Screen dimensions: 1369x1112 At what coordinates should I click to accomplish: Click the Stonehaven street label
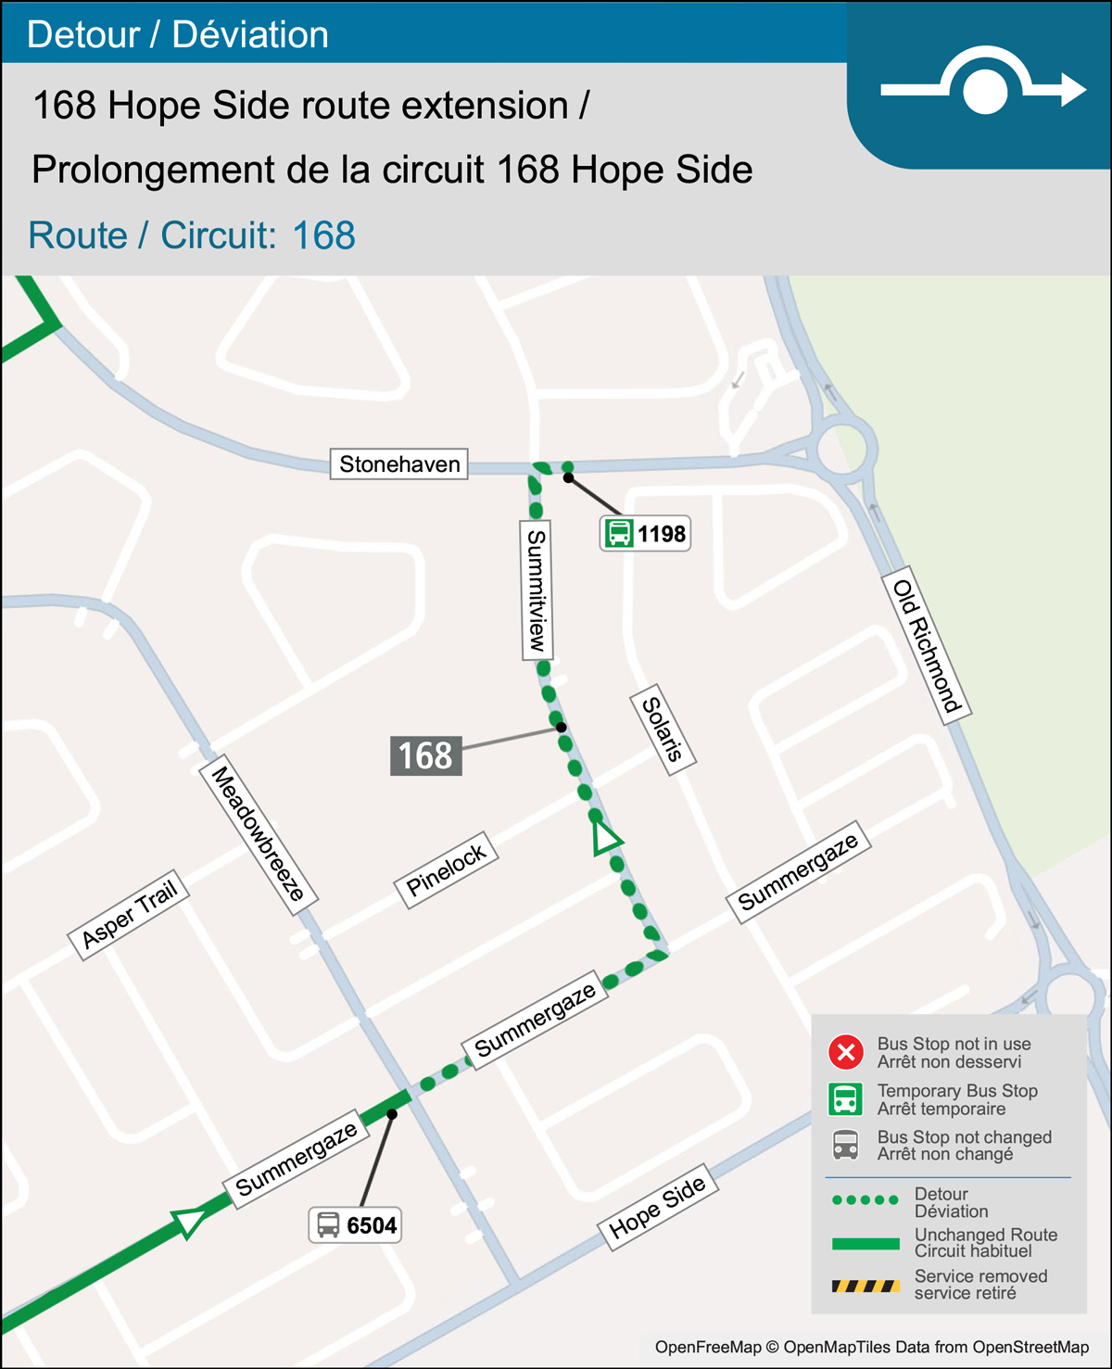coord(399,463)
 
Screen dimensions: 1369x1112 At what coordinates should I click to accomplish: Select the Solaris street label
coord(663,729)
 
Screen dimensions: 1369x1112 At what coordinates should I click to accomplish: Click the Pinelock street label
coord(447,870)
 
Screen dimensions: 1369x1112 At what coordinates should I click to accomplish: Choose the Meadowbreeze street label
coord(259,833)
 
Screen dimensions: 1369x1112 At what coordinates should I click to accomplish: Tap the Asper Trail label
coord(130,915)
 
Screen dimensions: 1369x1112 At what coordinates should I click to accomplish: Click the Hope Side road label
coord(658,1207)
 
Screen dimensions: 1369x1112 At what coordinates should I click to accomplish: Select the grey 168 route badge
coord(425,755)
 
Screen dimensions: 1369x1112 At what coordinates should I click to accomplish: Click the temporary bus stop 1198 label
coord(646,534)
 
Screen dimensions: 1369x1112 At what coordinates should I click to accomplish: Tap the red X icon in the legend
coord(845,1053)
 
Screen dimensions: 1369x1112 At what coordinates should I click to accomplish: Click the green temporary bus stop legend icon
coord(845,1099)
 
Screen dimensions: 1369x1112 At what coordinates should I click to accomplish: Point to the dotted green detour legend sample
coord(865,1200)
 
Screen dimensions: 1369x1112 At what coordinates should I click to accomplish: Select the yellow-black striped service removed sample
coord(865,1286)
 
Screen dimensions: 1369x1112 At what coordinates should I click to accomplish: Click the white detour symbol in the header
coord(984,89)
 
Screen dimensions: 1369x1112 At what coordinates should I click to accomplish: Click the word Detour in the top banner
coord(83,34)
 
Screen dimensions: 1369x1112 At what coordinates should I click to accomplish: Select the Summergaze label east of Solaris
coord(799,871)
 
